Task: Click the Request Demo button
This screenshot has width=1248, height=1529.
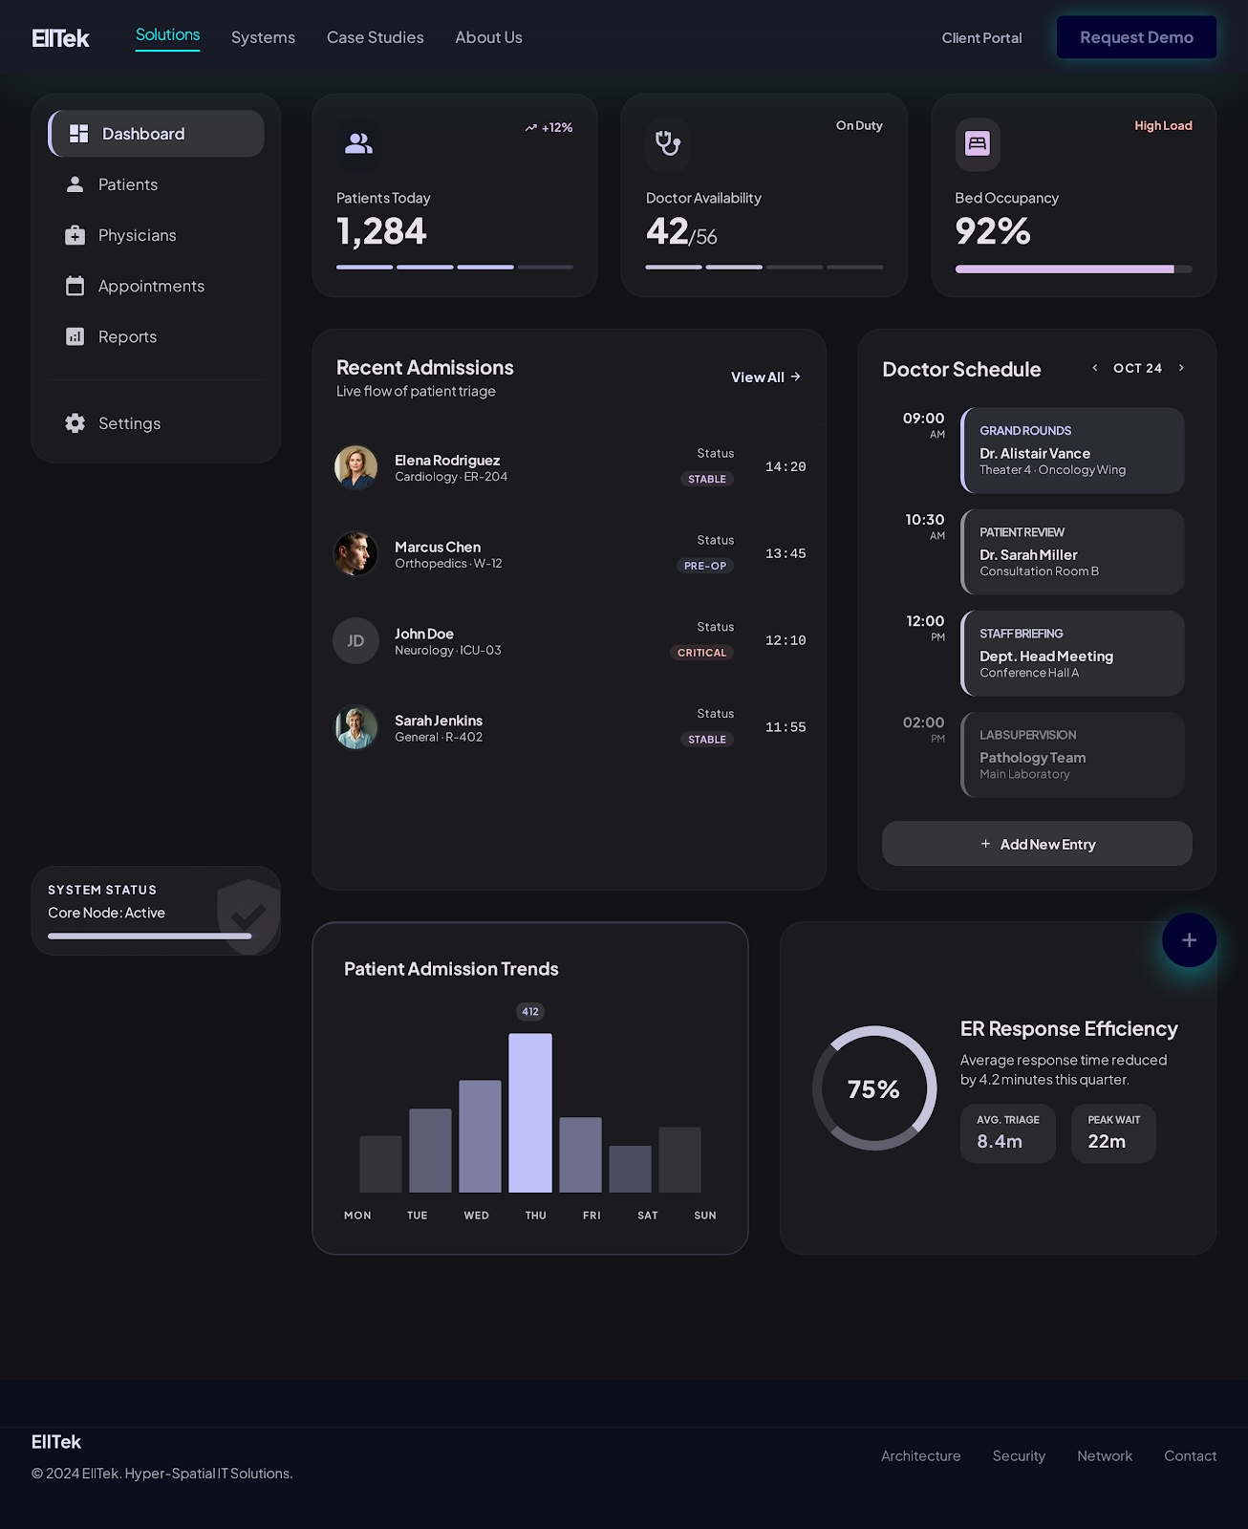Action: pos(1136,37)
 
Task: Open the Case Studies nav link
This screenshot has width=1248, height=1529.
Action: pos(375,37)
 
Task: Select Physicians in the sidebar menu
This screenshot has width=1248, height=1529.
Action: pos(137,235)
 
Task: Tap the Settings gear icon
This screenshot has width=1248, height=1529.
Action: pos(75,423)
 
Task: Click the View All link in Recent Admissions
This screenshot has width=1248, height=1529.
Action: pos(765,377)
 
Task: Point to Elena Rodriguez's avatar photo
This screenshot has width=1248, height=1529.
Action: pos(355,467)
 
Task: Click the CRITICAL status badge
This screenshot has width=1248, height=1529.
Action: pos(701,653)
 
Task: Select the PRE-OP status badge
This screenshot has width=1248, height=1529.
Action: pos(705,566)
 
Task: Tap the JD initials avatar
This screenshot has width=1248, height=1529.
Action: pos(355,641)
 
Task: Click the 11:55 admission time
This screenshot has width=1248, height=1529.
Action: pos(785,727)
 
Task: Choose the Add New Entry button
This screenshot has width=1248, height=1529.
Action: pos(1037,844)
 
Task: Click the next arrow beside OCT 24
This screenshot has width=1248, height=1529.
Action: pos(1181,368)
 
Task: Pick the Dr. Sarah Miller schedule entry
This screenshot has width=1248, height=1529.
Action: pos(1072,552)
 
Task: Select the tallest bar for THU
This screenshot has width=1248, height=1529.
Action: pos(530,1112)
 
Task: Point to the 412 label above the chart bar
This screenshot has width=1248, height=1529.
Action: pos(530,1012)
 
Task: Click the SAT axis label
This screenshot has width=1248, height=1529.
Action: pos(648,1216)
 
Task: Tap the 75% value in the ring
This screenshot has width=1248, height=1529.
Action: pos(873,1089)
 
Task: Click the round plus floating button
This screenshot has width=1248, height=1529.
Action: pos(1189,940)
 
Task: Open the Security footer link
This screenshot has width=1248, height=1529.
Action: pos(1019,1456)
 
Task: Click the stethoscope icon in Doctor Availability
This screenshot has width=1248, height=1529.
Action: pos(668,143)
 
